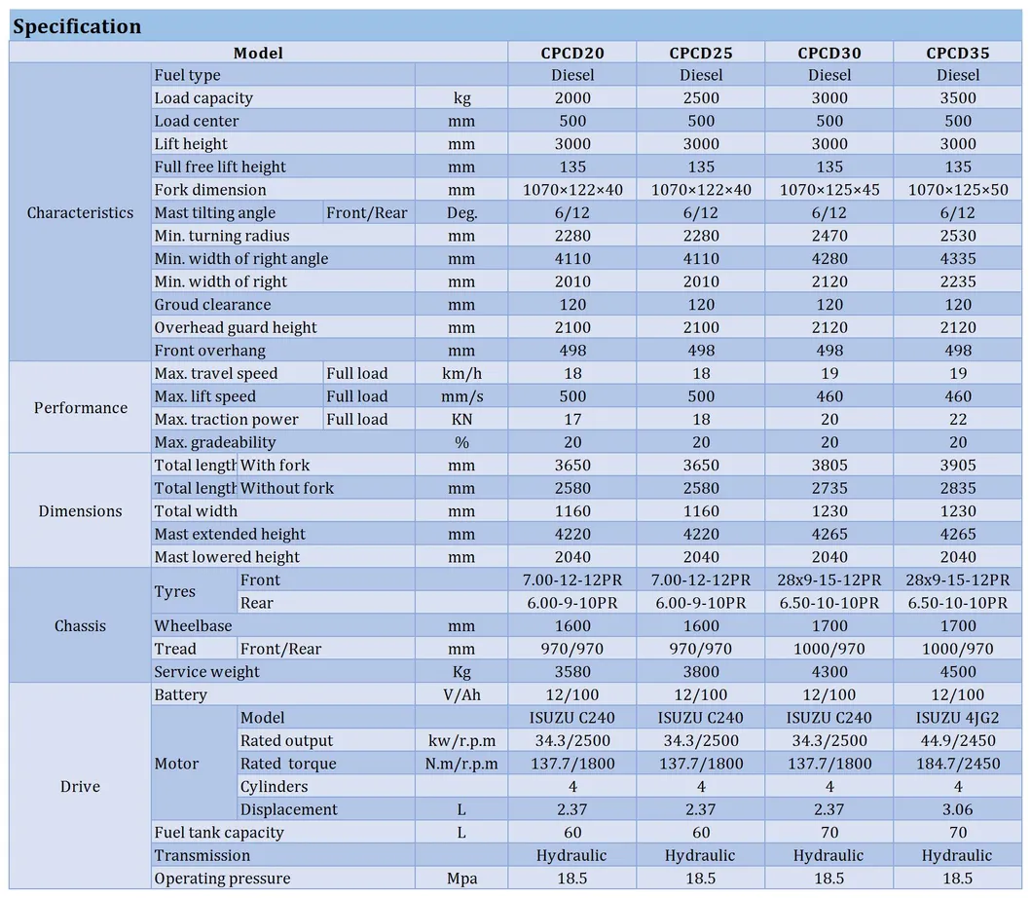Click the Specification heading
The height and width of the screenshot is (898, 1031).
77,26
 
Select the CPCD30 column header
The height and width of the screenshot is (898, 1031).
829,53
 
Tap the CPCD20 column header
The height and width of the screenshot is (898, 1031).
572,53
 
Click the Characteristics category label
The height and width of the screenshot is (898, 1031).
80,212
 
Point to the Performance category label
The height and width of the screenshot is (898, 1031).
80,408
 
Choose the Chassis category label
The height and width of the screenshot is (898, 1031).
80,625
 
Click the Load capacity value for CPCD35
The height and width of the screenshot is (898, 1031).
958,97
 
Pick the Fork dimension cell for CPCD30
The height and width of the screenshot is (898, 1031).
829,190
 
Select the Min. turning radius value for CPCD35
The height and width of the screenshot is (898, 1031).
958,236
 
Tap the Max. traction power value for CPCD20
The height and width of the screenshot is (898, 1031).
572,420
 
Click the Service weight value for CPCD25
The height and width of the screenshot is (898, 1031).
701,672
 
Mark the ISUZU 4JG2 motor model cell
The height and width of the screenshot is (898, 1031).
958,718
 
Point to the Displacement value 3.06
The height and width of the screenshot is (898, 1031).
958,809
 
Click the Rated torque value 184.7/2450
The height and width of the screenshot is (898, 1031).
958,764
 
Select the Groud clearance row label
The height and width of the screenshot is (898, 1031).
212,305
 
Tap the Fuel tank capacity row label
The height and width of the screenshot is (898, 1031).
219,833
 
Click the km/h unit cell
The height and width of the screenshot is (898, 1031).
461,374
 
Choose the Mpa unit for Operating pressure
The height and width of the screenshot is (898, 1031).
461,879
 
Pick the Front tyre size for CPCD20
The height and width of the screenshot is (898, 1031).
572,580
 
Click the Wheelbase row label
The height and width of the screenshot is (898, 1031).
193,626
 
